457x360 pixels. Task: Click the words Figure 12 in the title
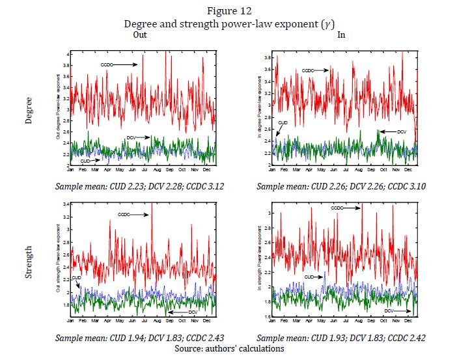[x=228, y=11]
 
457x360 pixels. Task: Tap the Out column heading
[x=140, y=35]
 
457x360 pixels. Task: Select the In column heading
[x=341, y=35]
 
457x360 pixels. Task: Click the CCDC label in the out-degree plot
[x=108, y=64]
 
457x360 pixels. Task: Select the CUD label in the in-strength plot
[x=311, y=277]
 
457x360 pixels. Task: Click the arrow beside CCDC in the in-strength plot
[x=352, y=208]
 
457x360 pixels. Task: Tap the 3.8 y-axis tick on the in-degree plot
[x=268, y=58]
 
